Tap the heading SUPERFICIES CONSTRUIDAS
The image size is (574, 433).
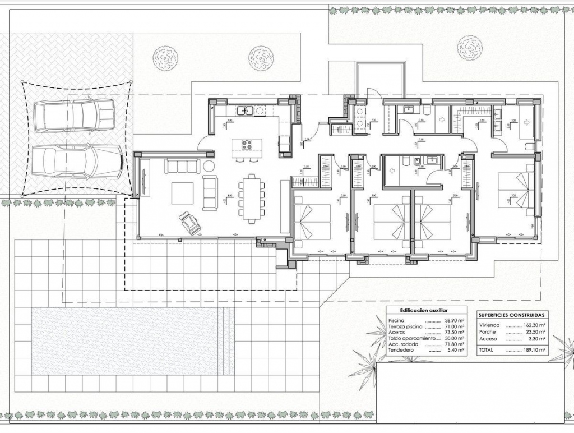coord(512,315)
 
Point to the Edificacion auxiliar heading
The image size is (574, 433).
coord(423,310)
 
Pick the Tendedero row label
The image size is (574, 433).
coord(401,350)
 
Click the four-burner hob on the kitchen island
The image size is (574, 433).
coord(247,145)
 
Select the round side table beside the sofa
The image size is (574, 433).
coord(209,165)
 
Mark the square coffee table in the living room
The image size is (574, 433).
coord(183,194)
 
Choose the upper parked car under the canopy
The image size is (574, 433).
coord(73,116)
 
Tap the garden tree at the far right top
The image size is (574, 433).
coord(470,48)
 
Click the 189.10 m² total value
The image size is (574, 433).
coord(536,349)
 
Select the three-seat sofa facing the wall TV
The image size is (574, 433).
coord(182,165)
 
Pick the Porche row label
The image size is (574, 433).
coord(488,332)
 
